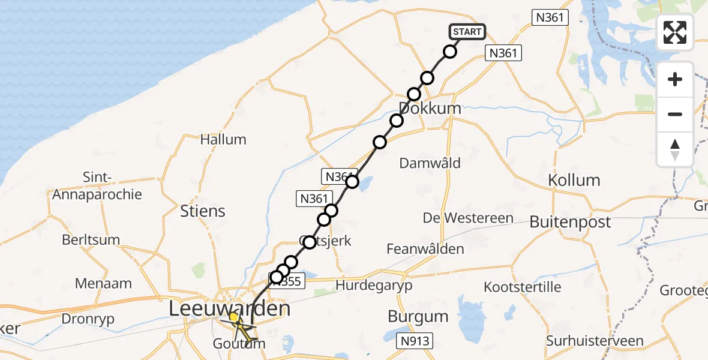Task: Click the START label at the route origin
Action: pyautogui.click(x=466, y=32)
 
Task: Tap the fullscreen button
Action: pyautogui.click(x=675, y=32)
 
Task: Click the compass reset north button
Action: pyautogui.click(x=675, y=149)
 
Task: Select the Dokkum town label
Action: pyautogui.click(x=430, y=109)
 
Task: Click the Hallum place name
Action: pyautogui.click(x=223, y=140)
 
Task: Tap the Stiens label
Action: pyautogui.click(x=203, y=211)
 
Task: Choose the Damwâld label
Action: pyautogui.click(x=430, y=163)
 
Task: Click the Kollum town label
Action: pyautogui.click(x=574, y=180)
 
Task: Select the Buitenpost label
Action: pyautogui.click(x=570, y=222)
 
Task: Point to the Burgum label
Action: pyautogui.click(x=418, y=316)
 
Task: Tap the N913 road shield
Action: pyautogui.click(x=416, y=341)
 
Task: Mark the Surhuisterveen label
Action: pyautogui.click(x=595, y=341)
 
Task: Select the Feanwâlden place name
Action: pyautogui.click(x=425, y=248)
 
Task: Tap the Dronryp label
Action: pyautogui.click(x=87, y=319)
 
